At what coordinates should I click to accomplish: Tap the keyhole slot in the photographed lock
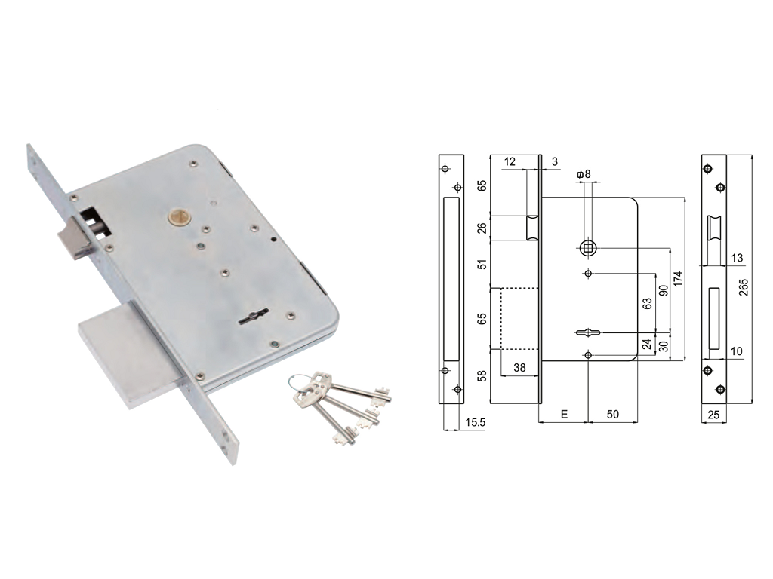point(253,317)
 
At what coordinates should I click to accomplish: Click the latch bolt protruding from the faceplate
point(75,240)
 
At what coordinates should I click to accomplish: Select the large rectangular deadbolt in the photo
point(129,356)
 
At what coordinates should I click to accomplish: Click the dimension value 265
point(744,287)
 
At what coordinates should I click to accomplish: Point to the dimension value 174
point(679,279)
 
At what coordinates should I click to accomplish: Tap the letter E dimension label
point(564,414)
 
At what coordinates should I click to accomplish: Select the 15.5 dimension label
point(476,422)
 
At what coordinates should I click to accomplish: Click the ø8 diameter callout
point(584,174)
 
